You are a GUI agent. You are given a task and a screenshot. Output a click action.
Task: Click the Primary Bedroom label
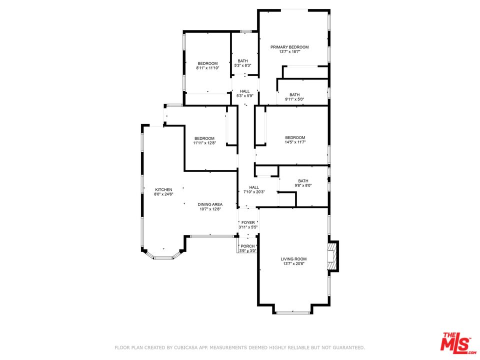pyautogui.click(x=289, y=47)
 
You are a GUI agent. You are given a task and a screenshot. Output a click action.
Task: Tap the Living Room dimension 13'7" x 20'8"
pyautogui.click(x=293, y=263)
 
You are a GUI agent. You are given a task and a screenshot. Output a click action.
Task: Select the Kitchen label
pyautogui.click(x=163, y=190)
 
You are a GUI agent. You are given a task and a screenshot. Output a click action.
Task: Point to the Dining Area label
pyautogui.click(x=210, y=204)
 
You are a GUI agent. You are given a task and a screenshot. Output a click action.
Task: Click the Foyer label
pyautogui.click(x=248, y=222)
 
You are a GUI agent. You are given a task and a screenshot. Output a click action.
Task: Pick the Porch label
pyautogui.click(x=247, y=246)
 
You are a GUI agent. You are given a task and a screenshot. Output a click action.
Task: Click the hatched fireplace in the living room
pyautogui.click(x=333, y=256)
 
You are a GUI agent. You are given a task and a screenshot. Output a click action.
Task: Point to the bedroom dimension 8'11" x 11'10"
pyautogui.click(x=207, y=68)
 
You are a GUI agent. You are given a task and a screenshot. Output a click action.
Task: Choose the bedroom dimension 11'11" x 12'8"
pyautogui.click(x=204, y=142)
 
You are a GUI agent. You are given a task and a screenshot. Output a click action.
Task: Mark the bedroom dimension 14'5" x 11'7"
pyautogui.click(x=295, y=142)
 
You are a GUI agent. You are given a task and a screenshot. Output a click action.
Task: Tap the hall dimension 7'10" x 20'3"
pyautogui.click(x=254, y=192)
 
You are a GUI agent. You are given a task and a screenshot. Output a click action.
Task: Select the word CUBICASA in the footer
pyautogui.click(x=185, y=347)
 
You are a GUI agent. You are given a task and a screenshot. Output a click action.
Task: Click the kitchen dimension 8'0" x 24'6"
pyautogui.click(x=163, y=194)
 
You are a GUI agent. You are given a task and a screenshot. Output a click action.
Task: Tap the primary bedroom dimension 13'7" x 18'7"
pyautogui.click(x=289, y=51)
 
